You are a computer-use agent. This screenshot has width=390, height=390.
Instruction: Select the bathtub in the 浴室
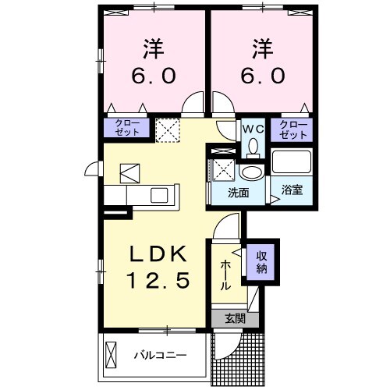pos(292,163)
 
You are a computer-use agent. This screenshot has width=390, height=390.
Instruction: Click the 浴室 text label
pos(291,190)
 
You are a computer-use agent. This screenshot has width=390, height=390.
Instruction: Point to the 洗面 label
pos(238,193)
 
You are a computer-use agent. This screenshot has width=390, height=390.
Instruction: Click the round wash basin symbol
pos(251,172)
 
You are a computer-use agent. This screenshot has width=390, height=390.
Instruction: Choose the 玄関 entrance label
pos(235,318)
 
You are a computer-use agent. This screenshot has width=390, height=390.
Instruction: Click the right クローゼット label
pos(293,129)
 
